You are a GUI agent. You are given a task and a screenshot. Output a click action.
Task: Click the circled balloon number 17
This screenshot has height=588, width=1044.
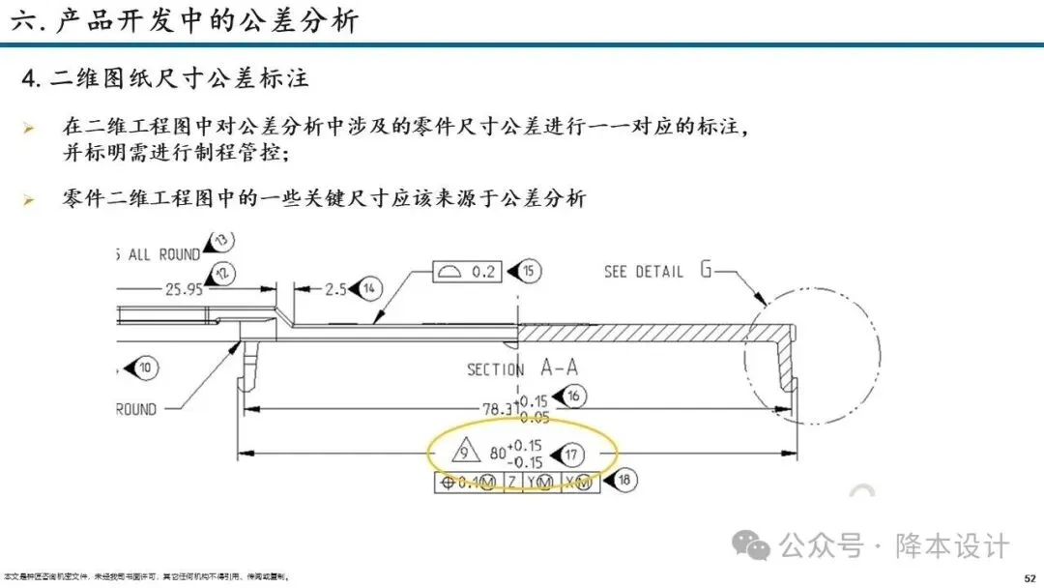tap(572, 454)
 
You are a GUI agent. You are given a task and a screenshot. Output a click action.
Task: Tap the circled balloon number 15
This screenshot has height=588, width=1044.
tap(529, 272)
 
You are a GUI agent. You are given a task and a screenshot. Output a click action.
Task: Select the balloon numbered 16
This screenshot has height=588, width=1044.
tap(572, 397)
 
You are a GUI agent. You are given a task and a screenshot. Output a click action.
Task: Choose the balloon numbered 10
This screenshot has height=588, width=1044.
tap(145, 367)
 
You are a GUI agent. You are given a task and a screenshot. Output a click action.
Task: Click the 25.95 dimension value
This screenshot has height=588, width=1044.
tap(184, 288)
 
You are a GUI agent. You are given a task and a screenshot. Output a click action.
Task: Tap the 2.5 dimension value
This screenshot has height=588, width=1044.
tap(334, 288)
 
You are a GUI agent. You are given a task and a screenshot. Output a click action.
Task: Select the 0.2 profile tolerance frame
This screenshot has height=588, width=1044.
tap(468, 272)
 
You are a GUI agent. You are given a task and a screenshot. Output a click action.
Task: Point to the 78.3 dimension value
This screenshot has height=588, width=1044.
tap(501, 409)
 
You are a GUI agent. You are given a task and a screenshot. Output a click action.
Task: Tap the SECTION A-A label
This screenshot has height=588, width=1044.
tap(523, 369)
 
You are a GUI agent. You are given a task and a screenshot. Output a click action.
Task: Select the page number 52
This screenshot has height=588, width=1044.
tap(1029, 577)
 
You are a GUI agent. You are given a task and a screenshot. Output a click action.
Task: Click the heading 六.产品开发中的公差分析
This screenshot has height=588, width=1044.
tap(184, 20)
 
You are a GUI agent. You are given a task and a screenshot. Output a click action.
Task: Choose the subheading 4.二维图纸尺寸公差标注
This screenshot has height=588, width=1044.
tap(165, 78)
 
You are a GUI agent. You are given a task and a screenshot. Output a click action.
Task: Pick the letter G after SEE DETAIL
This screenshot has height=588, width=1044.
tap(707, 270)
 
